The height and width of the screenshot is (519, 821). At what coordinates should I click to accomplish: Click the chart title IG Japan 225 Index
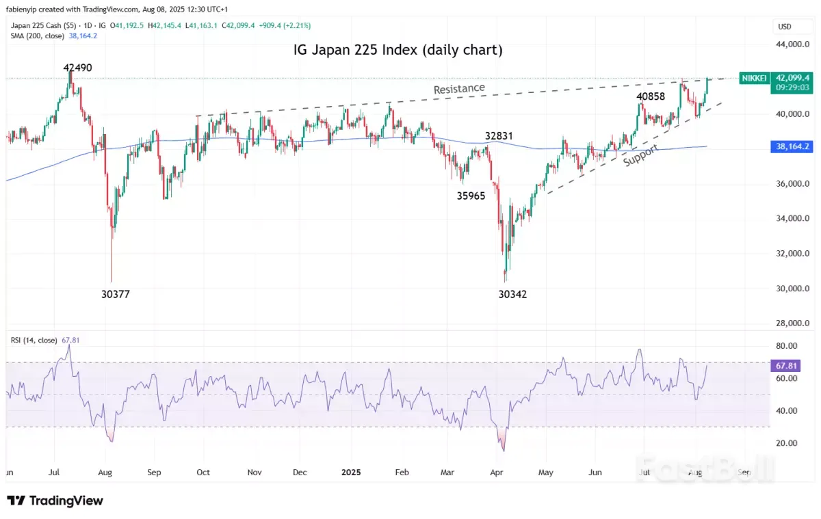click(398, 50)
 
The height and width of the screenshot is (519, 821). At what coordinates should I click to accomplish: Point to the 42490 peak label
click(77, 68)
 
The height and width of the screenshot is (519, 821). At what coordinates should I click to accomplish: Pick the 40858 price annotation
click(651, 97)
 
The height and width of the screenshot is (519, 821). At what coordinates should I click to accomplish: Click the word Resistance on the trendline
click(459, 89)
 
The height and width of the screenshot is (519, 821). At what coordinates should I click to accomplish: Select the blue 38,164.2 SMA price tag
click(794, 146)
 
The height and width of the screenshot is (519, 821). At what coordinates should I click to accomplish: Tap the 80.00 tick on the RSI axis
click(787, 346)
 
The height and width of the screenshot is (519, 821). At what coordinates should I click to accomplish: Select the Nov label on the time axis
click(255, 472)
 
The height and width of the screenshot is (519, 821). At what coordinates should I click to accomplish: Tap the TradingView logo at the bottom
click(56, 501)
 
